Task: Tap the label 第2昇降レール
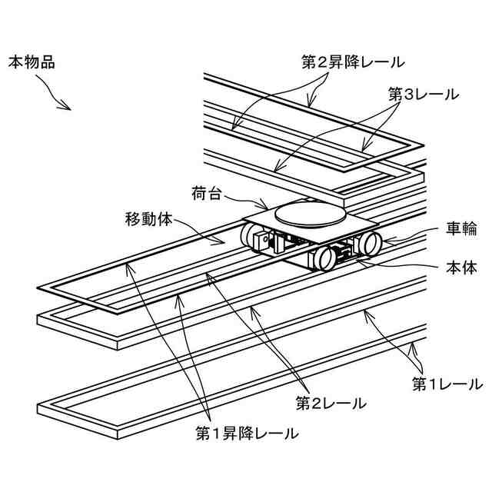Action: click(352, 61)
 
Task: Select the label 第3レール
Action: click(423, 95)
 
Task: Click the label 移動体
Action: click(150, 218)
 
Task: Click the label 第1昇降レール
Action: click(247, 434)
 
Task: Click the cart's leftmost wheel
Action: click(251, 237)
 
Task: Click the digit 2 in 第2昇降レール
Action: click(320, 61)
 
